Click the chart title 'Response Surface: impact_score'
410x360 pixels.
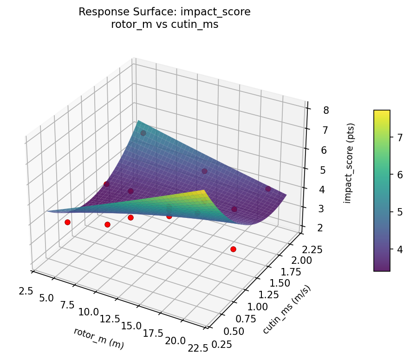[x=164, y=12]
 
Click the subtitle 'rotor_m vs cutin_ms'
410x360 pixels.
[x=164, y=25]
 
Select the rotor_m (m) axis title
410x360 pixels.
[x=98, y=339]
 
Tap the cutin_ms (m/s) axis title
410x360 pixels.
[x=286, y=310]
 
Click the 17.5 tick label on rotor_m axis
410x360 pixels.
[x=153, y=334]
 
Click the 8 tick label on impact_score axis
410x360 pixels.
[x=326, y=111]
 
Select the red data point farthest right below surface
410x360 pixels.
[x=233, y=249]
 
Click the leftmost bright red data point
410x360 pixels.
[x=67, y=222]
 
